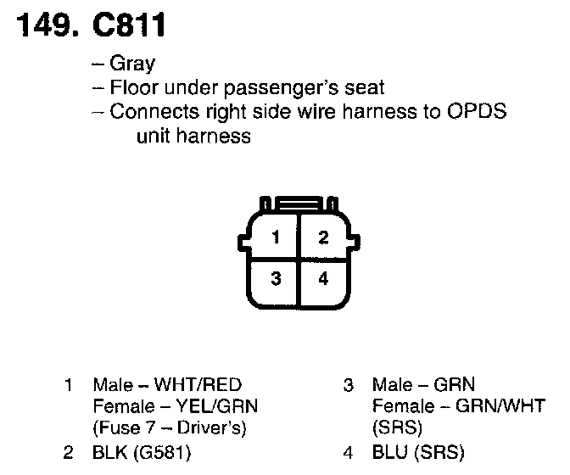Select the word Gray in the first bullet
point(133,64)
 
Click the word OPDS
point(479,112)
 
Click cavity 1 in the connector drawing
point(275,237)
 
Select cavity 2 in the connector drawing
point(322,237)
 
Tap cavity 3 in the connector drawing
point(275,277)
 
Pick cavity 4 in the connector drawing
point(322,277)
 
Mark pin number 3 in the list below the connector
point(348,385)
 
